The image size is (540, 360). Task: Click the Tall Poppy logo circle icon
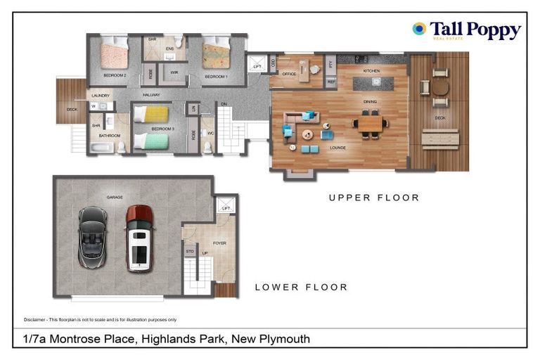point(419,29)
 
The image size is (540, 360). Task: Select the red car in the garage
point(139,238)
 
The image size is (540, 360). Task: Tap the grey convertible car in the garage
point(93,237)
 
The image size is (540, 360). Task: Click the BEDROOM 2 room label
point(115,75)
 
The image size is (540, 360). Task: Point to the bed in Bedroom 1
point(216,54)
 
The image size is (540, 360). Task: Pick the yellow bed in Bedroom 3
point(152,114)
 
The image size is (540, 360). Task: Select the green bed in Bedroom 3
point(152,141)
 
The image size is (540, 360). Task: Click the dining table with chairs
point(370,124)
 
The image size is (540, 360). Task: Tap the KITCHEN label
point(371,72)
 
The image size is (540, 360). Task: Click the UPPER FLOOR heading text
point(373,198)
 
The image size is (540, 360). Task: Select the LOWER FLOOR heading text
point(301,287)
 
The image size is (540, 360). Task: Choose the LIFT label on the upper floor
point(257,67)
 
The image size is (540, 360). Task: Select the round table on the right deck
point(439,87)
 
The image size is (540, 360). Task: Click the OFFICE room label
point(289,73)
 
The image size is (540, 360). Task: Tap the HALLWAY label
point(151,95)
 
